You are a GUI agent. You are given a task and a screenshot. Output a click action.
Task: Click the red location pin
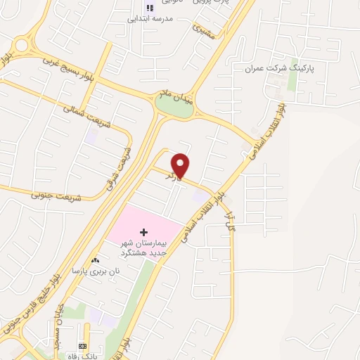181,165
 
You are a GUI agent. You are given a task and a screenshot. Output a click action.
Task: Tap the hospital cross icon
144,231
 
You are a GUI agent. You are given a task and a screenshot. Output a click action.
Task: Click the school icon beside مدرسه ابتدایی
149,8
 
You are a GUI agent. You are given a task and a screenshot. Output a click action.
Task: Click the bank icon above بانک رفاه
82,347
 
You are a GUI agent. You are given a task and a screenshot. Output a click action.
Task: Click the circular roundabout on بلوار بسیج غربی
20,46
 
